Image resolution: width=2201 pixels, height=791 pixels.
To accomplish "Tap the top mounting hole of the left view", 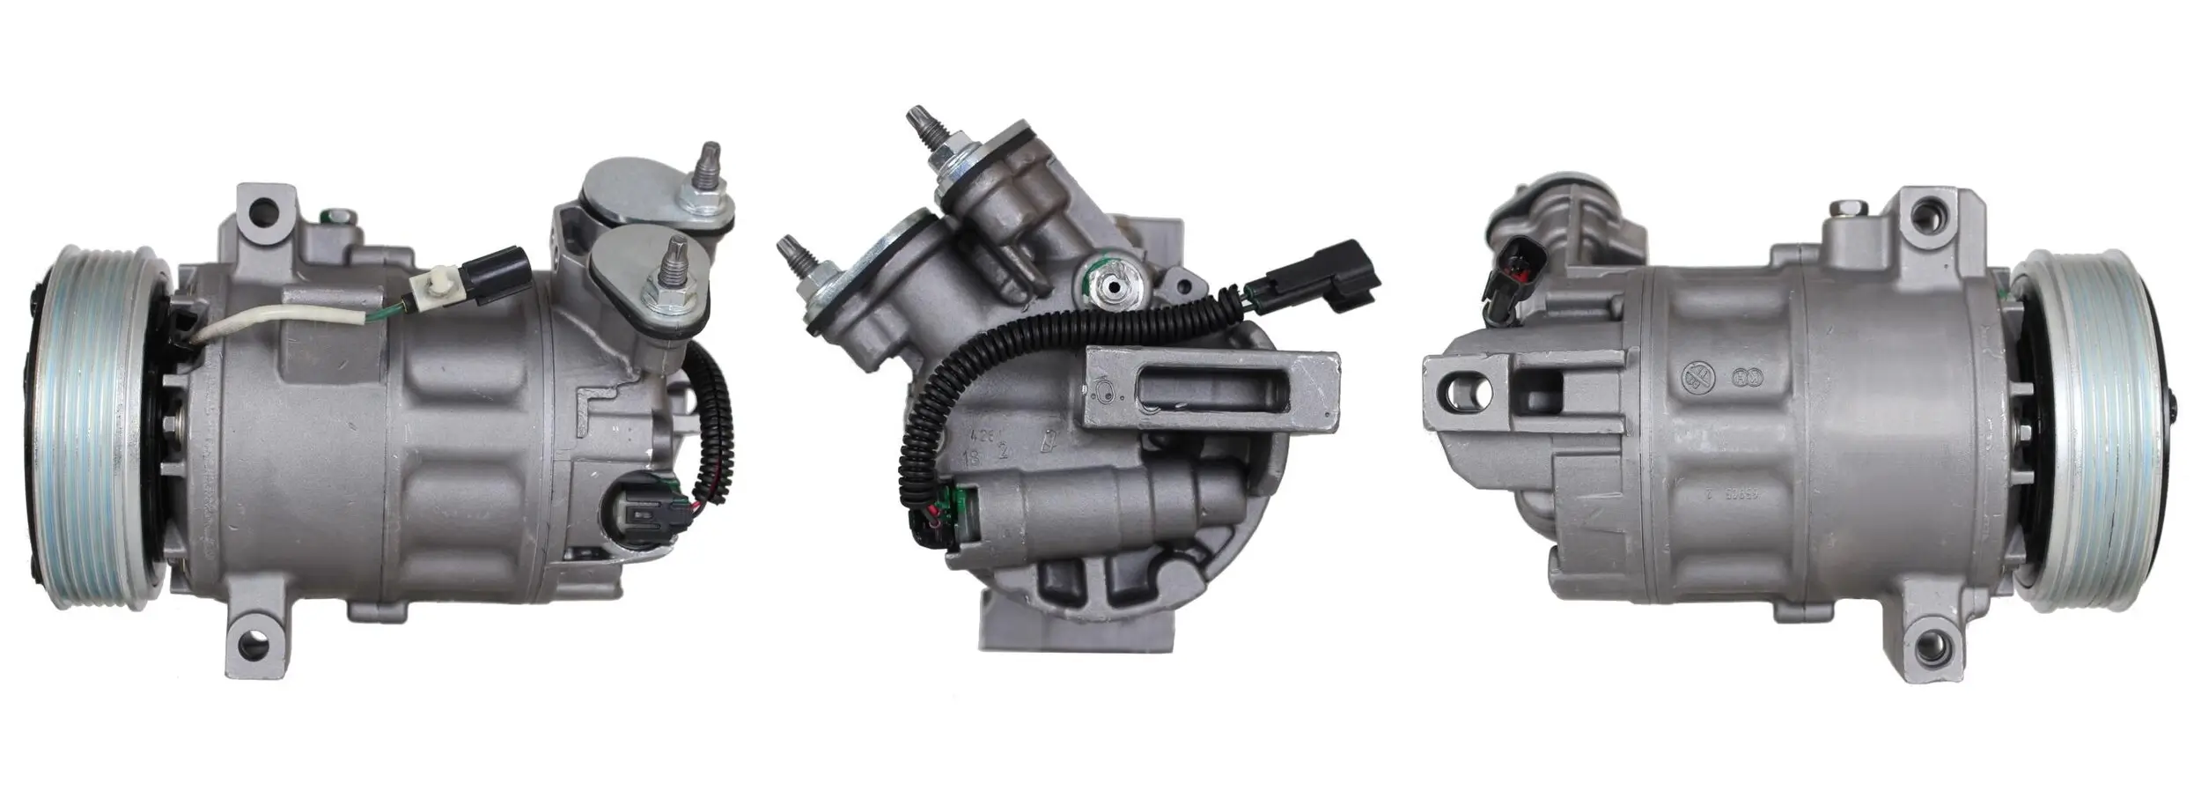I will (261, 211).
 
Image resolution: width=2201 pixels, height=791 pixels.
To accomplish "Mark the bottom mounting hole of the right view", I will (1932, 662).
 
